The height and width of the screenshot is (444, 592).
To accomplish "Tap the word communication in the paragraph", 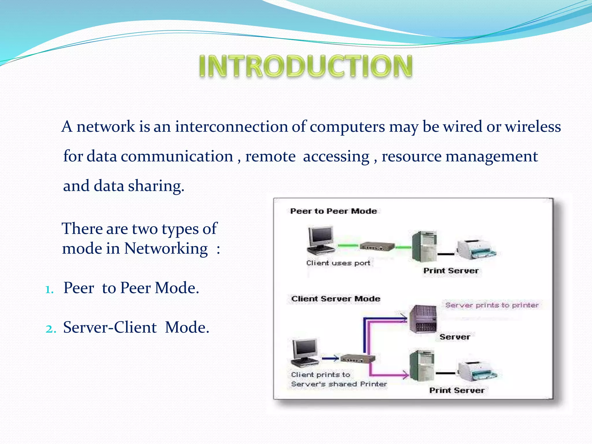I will [177, 156].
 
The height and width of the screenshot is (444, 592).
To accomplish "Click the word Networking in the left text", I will [166, 249].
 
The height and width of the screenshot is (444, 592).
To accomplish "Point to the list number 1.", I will [49, 289].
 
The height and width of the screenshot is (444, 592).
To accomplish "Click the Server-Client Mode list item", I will [136, 328].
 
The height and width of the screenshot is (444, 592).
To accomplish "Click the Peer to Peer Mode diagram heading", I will [333, 211].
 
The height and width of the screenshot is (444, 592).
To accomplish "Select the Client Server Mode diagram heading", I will [336, 299].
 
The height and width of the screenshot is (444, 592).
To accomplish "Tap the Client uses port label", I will [338, 263].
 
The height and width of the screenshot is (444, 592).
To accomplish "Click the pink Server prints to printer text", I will [492, 305].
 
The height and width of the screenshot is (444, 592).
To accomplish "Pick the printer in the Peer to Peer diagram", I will [476, 249].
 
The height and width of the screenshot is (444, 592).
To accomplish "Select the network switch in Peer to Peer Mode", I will [377, 247].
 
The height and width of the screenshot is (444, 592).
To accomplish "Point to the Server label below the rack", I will [455, 337].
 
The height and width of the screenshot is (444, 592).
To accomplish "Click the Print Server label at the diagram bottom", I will [457, 390].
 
